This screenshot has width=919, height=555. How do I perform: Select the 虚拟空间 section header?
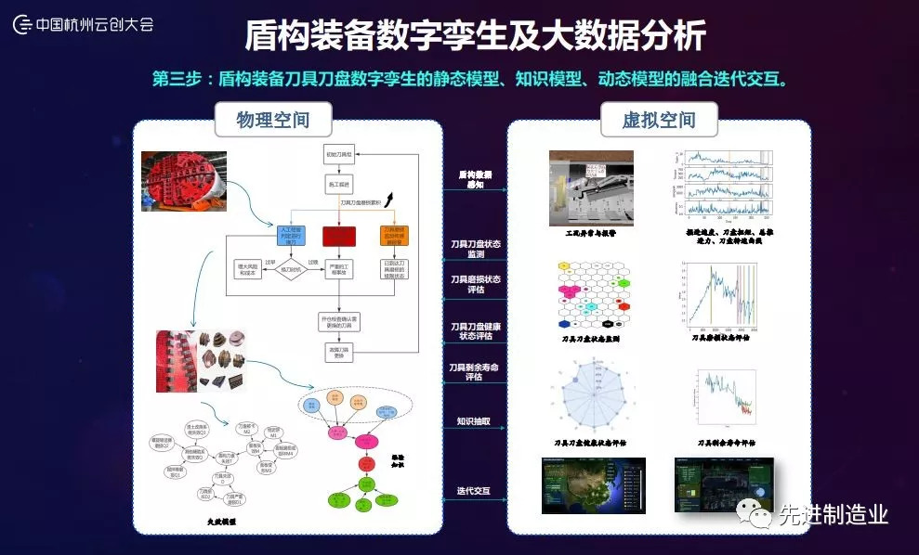click(x=660, y=121)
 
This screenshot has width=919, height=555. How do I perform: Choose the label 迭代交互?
click(x=473, y=490)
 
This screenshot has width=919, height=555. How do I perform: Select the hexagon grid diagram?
click(x=591, y=295)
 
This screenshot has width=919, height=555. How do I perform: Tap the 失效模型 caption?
click(x=221, y=523)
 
